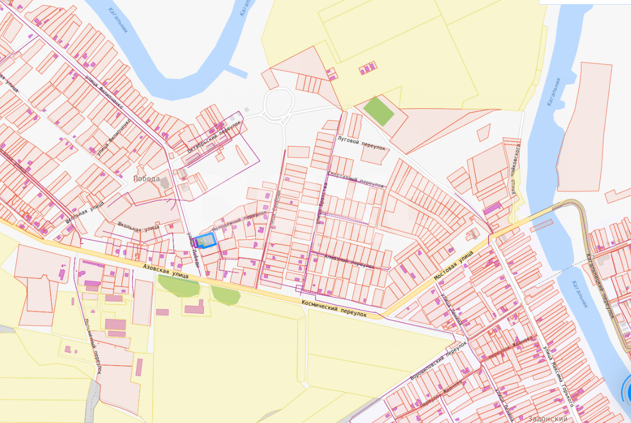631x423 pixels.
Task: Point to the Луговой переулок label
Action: [361, 143]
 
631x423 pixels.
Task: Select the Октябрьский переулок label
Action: [214, 136]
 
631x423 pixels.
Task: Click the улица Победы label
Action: [194, 250]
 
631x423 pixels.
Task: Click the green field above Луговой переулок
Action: [379, 111]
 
